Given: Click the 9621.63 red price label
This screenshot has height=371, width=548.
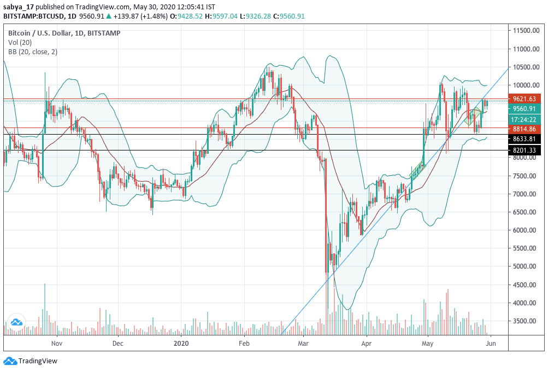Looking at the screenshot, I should point(524,99).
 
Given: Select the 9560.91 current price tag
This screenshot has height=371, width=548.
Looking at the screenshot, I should point(524,109).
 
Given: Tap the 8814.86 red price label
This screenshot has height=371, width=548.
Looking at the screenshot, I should point(524,129).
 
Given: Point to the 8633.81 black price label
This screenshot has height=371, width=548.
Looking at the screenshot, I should point(524,139).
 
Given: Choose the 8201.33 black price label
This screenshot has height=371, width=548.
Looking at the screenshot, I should point(524,150).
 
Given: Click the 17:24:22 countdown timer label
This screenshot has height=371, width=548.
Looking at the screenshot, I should point(524,119).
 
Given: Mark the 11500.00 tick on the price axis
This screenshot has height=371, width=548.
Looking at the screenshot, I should point(527,31).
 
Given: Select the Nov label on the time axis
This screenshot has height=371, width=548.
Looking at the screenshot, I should point(56,344).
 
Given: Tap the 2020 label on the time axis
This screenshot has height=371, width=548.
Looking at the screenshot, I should point(181,344).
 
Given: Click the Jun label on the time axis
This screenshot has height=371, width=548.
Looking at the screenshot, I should point(491,344).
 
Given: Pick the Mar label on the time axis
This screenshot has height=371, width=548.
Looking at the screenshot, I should point(304,344).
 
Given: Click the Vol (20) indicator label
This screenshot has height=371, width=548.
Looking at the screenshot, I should point(20,43).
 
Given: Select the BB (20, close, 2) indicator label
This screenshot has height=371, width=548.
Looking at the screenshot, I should point(33,52).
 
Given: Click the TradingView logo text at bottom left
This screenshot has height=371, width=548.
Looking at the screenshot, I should point(38,361).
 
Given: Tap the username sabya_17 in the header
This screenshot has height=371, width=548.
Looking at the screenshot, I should point(20,7).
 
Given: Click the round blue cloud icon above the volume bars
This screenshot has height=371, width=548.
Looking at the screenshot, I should point(15,322).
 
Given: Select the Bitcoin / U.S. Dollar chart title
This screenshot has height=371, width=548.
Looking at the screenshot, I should point(38,33).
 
